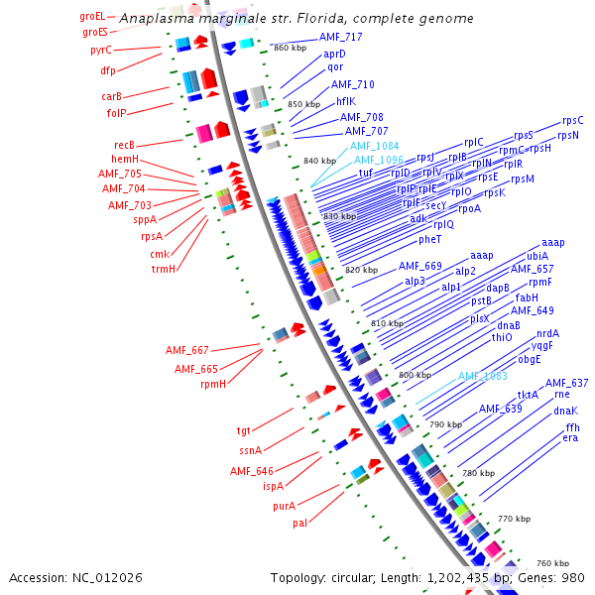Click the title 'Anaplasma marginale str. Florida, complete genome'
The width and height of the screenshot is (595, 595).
pyautogui.click(x=297, y=19)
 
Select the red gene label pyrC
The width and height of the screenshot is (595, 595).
pyautogui.click(x=101, y=50)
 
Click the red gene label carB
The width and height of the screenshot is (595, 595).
pyautogui.click(x=111, y=96)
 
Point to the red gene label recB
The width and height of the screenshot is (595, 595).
pyautogui.click(x=124, y=145)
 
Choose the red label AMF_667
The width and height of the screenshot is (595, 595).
pyautogui.click(x=187, y=350)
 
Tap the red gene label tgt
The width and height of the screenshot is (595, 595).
pyautogui.click(x=244, y=430)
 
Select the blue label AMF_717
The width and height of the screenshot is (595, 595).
pyautogui.click(x=340, y=37)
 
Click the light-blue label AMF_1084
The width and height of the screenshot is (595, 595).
pyautogui.click(x=374, y=146)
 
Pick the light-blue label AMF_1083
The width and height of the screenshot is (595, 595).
pyautogui.click(x=482, y=376)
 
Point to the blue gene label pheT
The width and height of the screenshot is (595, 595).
pyautogui.click(x=429, y=239)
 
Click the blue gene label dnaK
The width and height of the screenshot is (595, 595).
pyautogui.click(x=565, y=411)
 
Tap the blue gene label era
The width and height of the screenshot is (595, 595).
pyautogui.click(x=570, y=437)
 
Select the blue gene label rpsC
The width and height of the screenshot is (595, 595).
pyautogui.click(x=573, y=120)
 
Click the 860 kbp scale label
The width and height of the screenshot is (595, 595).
pyautogui.click(x=290, y=48)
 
